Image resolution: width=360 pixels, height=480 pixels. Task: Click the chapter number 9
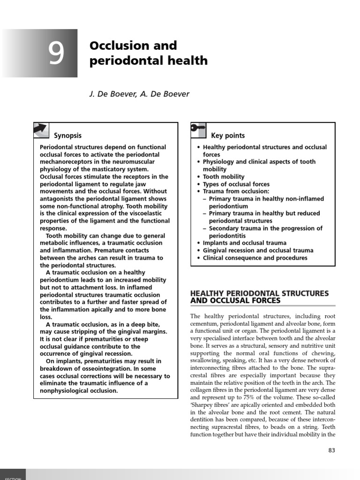tap(56, 53)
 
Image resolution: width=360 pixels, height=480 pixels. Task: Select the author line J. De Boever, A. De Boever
tap(139, 94)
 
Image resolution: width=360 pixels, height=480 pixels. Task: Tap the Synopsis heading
tap(67, 135)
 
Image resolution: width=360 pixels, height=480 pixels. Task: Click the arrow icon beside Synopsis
tap(41, 130)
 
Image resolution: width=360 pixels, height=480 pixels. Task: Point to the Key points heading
tap(228, 135)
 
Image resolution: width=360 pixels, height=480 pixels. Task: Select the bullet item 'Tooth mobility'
tap(224, 177)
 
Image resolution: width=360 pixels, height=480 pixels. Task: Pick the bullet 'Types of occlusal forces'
tap(236, 184)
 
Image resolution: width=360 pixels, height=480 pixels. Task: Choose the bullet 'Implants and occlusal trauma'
tap(244, 243)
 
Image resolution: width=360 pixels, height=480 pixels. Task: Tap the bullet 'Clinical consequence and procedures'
tap(255, 258)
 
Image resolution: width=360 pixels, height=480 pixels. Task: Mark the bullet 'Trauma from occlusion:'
tap(236, 191)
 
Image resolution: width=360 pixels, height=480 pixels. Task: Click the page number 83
tap(331, 450)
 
